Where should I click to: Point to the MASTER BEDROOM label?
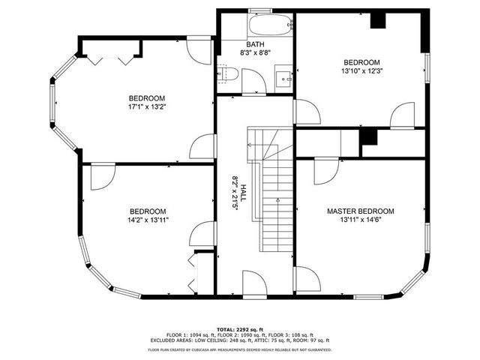pos(360,211)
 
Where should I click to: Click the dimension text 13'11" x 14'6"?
pos(360,220)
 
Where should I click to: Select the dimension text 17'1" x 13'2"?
pos(147,107)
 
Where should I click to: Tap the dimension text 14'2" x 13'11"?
pos(147,220)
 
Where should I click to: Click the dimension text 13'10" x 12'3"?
pos(362,71)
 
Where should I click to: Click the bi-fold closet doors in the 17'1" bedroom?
pos(109,58)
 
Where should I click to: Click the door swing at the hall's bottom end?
pos(254,284)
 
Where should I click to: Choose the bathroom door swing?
pos(253,81)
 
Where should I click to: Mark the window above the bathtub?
pos(260,10)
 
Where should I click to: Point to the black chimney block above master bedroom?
pos(367,137)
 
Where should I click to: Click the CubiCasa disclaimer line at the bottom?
pos(240,349)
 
